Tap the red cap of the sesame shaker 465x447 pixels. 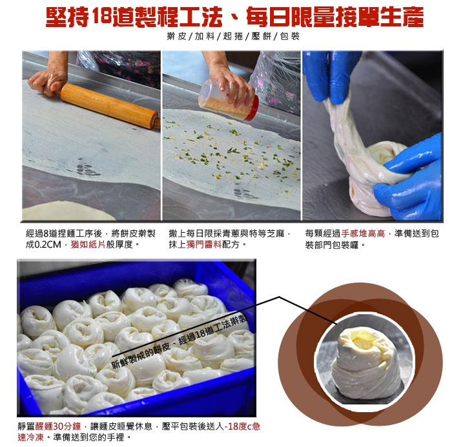(x=252, y=108)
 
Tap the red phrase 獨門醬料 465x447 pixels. (x=204, y=244)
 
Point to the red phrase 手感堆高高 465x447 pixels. (x=363, y=233)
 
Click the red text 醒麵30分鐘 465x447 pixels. (x=58, y=426)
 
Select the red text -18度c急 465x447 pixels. (x=242, y=426)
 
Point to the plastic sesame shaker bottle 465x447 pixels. (x=228, y=101)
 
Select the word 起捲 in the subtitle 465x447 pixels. (x=233, y=36)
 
